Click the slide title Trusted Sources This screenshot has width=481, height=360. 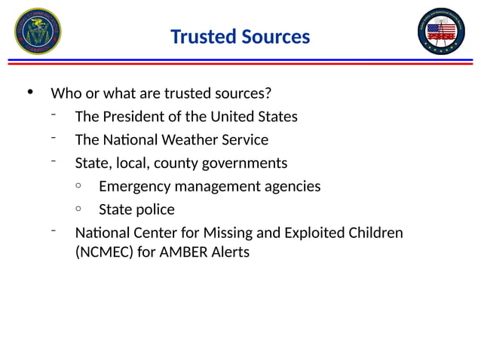(x=240, y=36)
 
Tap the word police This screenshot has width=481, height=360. (x=155, y=209)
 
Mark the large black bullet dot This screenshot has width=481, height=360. (x=30, y=93)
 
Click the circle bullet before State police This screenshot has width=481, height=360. (x=79, y=209)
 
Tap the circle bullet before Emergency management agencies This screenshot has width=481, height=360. (x=79, y=185)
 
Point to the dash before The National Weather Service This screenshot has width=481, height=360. (x=54, y=137)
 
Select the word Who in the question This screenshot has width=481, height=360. (x=64, y=94)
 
